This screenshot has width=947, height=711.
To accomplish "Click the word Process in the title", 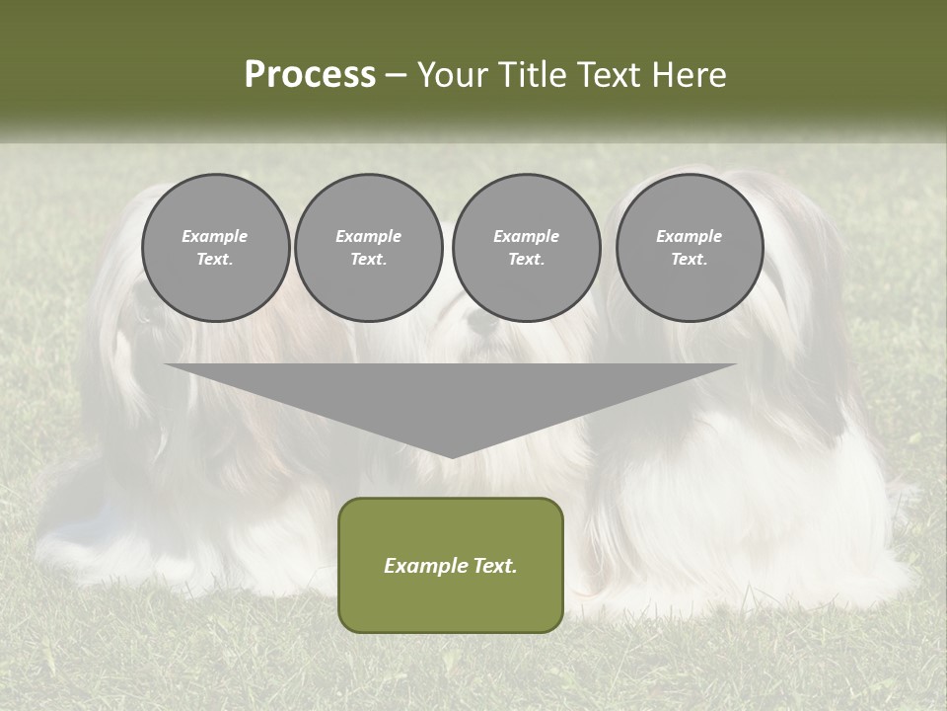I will [310, 75].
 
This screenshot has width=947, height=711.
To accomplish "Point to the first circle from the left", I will [215, 248].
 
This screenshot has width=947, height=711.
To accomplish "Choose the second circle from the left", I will [368, 248].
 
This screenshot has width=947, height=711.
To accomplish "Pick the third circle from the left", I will [526, 248].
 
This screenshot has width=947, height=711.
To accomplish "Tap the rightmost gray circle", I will [689, 248].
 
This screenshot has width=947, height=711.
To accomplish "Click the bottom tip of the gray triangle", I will [451, 456].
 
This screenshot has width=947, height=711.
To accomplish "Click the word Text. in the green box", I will [493, 566].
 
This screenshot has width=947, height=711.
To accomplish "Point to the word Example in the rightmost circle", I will [689, 236].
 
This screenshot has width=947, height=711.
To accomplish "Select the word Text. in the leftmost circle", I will [215, 260].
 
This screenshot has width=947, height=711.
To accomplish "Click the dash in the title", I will [397, 75].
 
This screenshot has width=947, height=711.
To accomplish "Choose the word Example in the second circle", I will [368, 236].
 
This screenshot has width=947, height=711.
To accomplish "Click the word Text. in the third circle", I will [526, 260].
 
